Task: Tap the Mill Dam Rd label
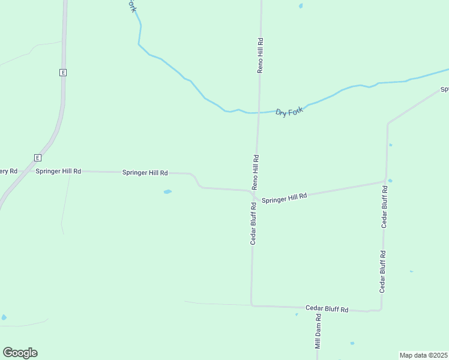[x=319, y=331]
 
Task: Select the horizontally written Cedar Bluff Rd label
[x=327, y=309]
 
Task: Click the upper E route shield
[x=62, y=73]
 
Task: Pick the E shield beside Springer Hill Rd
[x=37, y=158]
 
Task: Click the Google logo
[x=20, y=353]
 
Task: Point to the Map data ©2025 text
[x=424, y=355]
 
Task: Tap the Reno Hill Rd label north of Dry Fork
[x=261, y=56]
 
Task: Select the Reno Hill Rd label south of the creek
[x=255, y=172]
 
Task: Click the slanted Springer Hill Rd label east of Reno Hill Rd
[x=284, y=197]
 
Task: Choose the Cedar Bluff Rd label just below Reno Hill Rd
[x=253, y=223]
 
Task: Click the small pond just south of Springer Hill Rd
[x=167, y=192]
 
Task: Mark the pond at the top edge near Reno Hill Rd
[x=301, y=6]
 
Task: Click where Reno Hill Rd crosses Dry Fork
[x=258, y=112]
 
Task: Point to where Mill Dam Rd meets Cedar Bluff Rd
[x=318, y=308]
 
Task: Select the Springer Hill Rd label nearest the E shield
[x=58, y=171]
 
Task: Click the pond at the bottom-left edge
[x=4, y=317]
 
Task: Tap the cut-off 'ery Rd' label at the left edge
[x=8, y=171]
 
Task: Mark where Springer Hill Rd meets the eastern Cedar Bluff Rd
[x=385, y=181]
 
